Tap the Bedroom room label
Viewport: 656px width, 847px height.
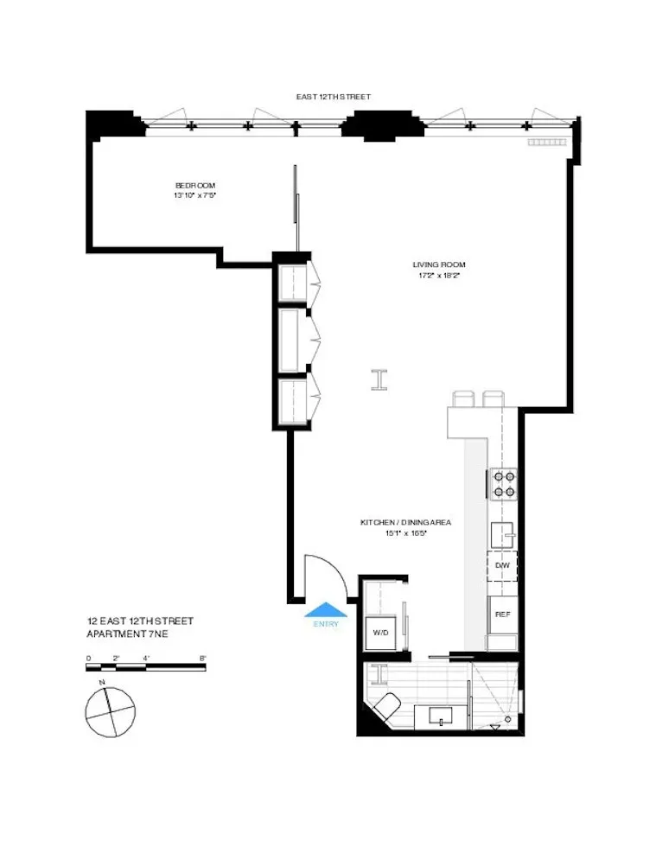[194, 186]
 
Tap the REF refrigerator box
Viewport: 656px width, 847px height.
[501, 614]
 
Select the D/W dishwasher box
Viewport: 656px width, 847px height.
[501, 565]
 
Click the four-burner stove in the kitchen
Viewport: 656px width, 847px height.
[504, 484]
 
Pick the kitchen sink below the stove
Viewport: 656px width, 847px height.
[503, 533]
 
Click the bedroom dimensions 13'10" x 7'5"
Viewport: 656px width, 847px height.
[194, 196]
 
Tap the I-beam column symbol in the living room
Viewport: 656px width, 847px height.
[379, 379]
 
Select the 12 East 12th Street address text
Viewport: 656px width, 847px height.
[140, 621]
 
